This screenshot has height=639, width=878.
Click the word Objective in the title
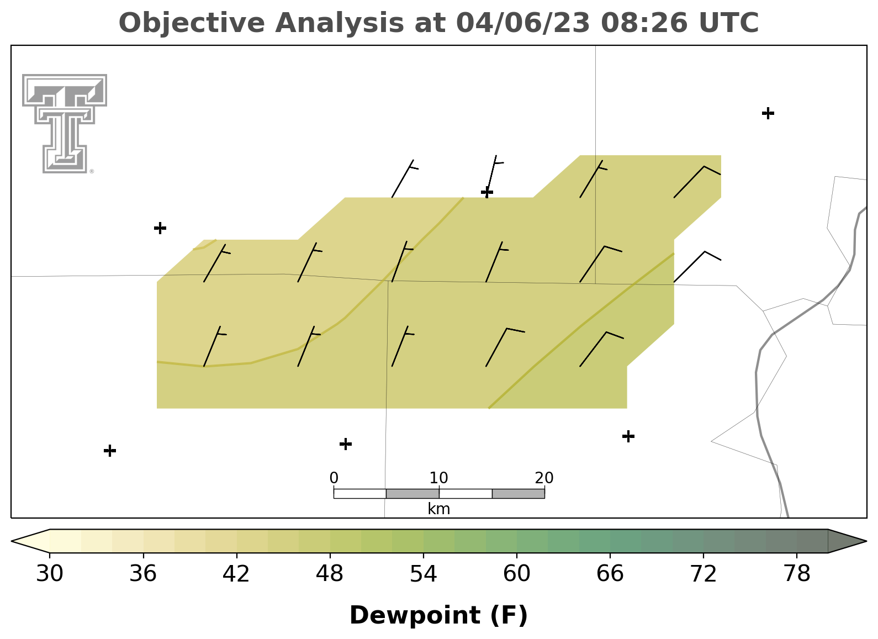point(192,23)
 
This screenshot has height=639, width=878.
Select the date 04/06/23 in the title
point(523,23)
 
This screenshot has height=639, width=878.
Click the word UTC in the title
point(729,23)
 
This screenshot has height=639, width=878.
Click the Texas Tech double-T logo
point(65,124)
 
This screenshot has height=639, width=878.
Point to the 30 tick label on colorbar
point(49,574)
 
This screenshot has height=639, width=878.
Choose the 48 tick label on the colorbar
point(330,574)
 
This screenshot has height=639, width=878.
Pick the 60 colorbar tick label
point(517,574)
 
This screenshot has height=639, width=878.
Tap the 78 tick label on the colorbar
point(797,574)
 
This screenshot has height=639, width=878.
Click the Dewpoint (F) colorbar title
point(438,615)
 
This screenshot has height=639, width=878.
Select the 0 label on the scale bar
point(334,478)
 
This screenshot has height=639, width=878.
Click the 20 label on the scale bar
point(544,478)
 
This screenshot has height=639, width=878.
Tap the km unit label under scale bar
point(438,509)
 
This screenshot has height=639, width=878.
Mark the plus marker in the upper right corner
point(768,113)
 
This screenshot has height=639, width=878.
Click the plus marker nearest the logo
point(160,228)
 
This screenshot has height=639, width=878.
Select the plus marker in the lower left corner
point(110,451)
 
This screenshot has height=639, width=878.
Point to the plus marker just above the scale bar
point(346,444)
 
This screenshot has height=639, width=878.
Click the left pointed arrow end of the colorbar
point(30,541)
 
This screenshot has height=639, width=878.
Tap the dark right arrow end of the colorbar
point(848,541)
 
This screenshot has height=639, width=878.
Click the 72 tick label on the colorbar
point(704,574)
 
